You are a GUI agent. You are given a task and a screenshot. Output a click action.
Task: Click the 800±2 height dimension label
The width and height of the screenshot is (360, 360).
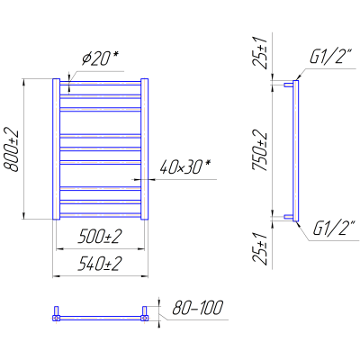click(x=11, y=151)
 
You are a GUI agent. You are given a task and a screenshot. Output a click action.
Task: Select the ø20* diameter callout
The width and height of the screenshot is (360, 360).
click(x=100, y=59)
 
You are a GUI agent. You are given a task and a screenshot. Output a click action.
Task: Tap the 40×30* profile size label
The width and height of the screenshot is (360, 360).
click(x=185, y=167)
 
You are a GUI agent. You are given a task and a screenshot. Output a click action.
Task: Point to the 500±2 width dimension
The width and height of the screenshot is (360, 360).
click(x=100, y=237)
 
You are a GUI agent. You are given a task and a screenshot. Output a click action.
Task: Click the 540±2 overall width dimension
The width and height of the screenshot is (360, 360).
click(x=100, y=264)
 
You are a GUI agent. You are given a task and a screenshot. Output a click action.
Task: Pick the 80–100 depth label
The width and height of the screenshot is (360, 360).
click(x=198, y=308)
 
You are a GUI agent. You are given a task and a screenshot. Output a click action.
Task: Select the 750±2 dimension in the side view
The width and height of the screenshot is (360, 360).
click(x=260, y=150)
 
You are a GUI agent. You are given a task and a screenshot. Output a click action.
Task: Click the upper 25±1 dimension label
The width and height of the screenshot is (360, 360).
click(x=260, y=53)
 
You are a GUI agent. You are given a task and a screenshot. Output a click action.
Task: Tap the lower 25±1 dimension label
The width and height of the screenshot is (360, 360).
click(x=260, y=248)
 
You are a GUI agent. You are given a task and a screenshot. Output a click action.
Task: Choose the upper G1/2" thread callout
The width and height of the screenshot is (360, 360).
click(x=329, y=58)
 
